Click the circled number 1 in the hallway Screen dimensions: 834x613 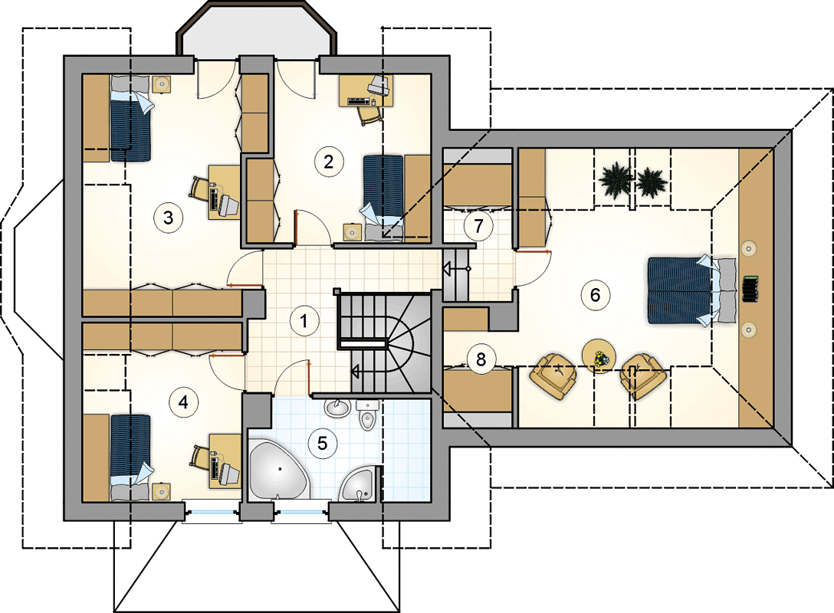point(304,320)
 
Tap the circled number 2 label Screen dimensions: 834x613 point(328,161)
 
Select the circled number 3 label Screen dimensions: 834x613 point(168,218)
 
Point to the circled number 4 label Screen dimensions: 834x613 point(183,402)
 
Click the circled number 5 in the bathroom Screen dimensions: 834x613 point(322,443)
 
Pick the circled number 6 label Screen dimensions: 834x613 point(595,294)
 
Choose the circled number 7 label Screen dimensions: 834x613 point(478,226)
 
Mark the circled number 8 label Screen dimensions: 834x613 point(481,359)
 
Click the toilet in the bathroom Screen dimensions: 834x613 point(367,415)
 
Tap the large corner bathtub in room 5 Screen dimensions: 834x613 point(279,469)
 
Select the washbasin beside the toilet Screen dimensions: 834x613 point(337,408)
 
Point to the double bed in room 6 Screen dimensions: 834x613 point(691,290)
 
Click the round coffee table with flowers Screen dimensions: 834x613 point(599,355)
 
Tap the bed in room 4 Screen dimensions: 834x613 point(130,457)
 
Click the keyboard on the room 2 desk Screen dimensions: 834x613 point(359,100)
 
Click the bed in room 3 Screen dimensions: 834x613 point(130,118)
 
